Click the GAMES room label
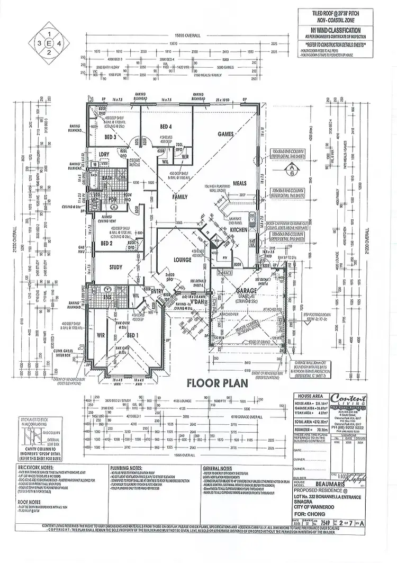coord(226,135)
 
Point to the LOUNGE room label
coord(182,260)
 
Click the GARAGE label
coord(247,291)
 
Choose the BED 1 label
coord(132,335)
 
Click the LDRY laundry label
coord(104,154)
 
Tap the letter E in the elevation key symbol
coord(49,41)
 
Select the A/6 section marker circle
coord(290,172)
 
